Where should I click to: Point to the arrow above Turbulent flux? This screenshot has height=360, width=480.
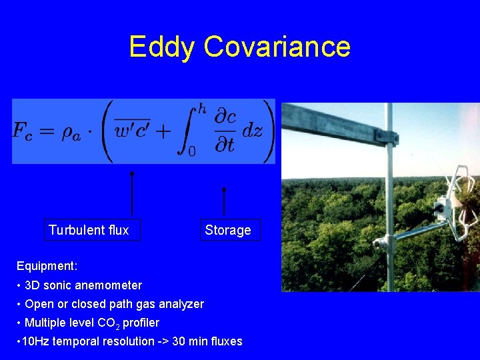coord(132,193)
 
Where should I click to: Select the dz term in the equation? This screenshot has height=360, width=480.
coord(252,130)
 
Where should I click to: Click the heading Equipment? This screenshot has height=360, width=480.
coord(47,266)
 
